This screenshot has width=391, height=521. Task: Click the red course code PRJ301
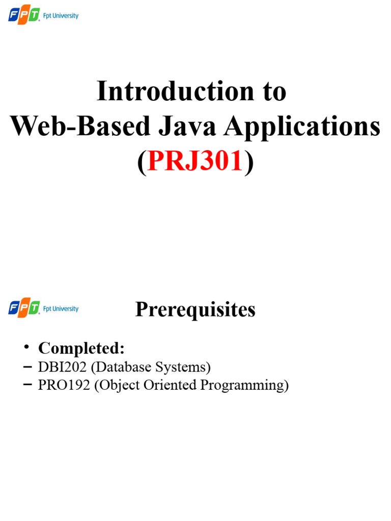click(x=195, y=162)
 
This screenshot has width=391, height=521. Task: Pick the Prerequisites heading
click(x=195, y=309)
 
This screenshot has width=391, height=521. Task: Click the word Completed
click(x=81, y=349)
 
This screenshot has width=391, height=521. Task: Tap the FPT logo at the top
click(x=23, y=16)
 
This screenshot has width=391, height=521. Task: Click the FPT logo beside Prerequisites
click(x=23, y=308)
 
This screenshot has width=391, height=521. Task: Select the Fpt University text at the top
click(x=61, y=16)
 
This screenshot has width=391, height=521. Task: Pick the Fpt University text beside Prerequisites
click(x=61, y=309)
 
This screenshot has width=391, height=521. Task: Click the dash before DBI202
click(x=26, y=367)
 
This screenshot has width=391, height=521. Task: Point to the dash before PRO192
click(x=26, y=386)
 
